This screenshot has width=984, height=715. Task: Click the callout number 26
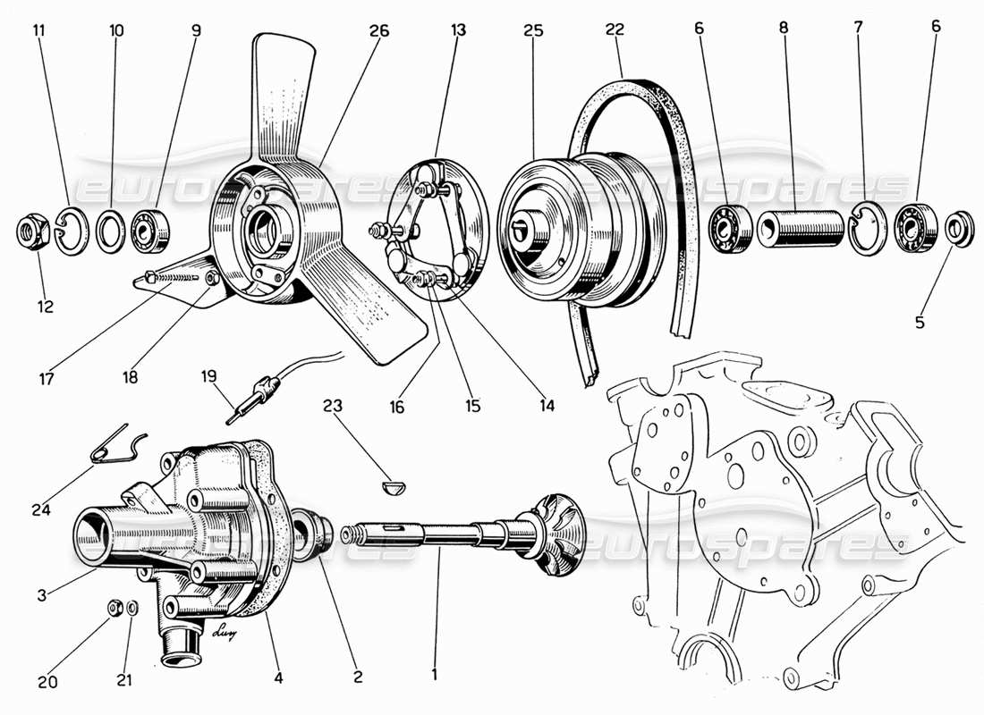point(379,30)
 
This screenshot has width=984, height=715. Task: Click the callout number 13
point(458,30)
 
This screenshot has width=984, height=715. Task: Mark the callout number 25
point(534,30)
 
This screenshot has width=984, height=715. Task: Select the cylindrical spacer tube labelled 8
point(802,228)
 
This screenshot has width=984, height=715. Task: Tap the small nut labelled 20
point(114,609)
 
